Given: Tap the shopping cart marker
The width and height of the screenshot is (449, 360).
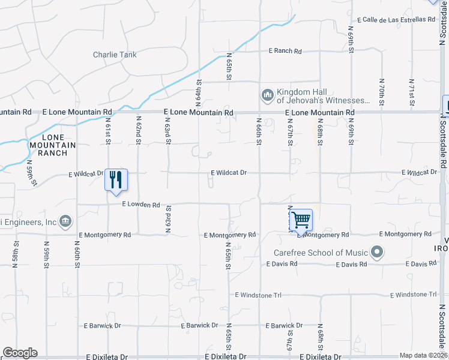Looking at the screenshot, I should coord(301,220).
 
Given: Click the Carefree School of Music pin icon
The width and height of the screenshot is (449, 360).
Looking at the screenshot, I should coord(377,252).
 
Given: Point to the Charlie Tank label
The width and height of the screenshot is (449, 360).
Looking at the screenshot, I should coord(115,55).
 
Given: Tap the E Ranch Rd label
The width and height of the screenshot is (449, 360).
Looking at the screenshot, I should coord(285,51).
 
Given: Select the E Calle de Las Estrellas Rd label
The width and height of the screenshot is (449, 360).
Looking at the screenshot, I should coord(396,19).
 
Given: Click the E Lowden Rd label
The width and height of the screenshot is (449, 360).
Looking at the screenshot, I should coord(141,205).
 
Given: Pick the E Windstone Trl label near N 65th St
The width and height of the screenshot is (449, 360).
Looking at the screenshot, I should coord(259,295).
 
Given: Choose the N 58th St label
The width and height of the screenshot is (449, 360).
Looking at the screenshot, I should coord(16,254).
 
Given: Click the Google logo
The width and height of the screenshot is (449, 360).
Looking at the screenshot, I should coord(20,353).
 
